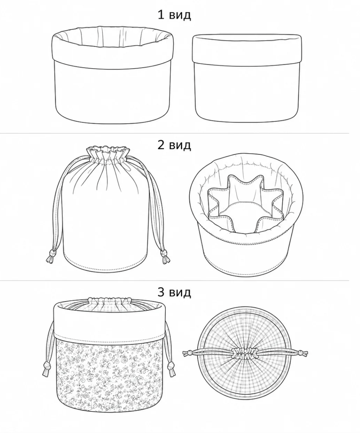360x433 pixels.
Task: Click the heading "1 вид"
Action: (x=174, y=15)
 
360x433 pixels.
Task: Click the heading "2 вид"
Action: (x=174, y=145)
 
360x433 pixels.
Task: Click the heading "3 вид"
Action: (x=174, y=292)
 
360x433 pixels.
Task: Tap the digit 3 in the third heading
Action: (x=161, y=292)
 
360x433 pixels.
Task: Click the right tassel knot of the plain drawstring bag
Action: (x=164, y=253)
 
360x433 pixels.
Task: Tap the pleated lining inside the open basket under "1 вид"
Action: (x=112, y=37)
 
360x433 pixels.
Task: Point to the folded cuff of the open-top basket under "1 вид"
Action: (x=112, y=52)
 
